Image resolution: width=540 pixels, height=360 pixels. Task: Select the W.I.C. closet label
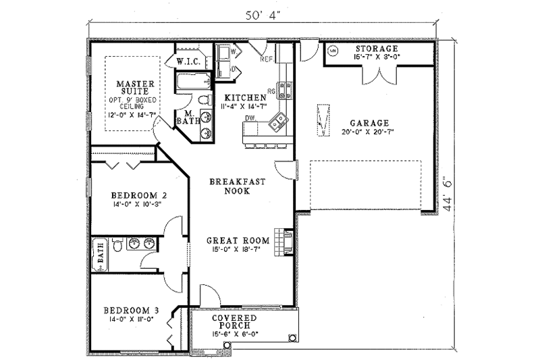click(186, 61)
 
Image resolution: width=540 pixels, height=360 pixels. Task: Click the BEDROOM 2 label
click(139, 194)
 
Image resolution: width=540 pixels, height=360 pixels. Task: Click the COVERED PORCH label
click(234, 322)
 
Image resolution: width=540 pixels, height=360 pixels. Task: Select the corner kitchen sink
click(277, 123)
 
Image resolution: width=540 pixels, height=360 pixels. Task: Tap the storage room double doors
click(377, 76)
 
